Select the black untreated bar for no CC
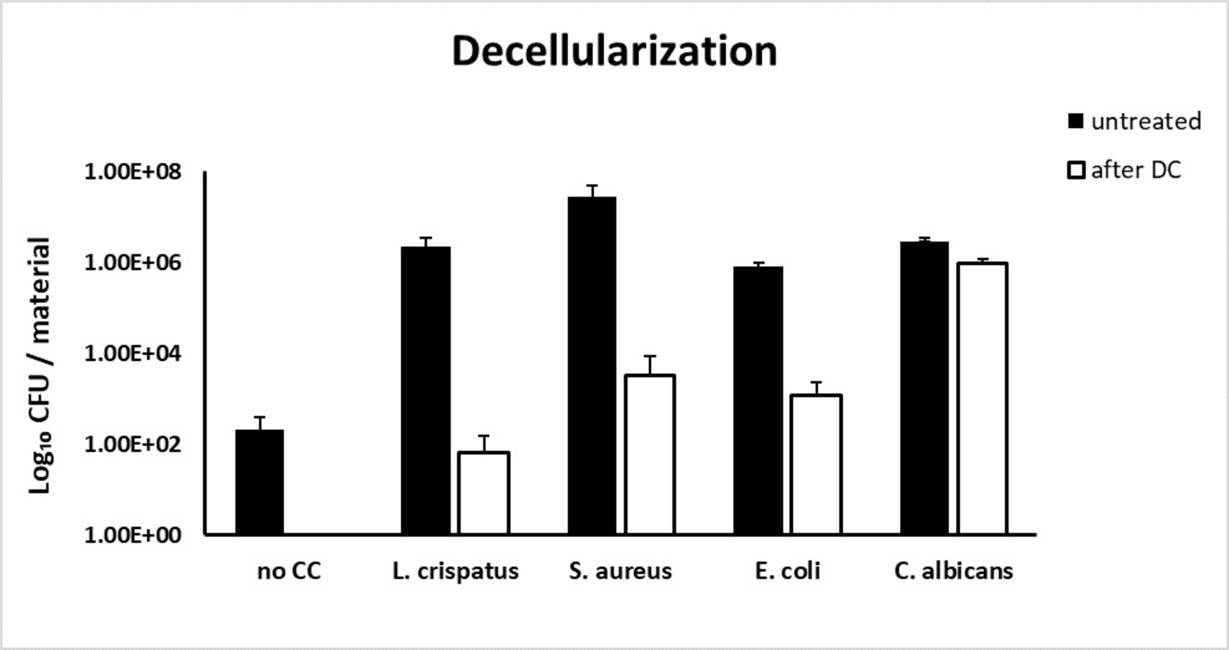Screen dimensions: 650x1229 point(260,482)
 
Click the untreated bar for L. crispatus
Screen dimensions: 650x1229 point(426,390)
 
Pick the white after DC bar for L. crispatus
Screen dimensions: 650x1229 point(483,493)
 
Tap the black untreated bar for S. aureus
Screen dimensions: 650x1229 point(592,366)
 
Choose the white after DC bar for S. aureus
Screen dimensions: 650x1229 point(650,455)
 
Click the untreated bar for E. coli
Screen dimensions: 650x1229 point(758,400)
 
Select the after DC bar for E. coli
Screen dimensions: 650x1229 point(816,465)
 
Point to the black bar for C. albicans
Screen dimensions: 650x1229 point(924,388)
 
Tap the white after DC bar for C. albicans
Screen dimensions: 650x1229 point(982,398)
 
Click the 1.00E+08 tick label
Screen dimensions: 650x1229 point(132,171)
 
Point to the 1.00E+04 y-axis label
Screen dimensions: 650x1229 point(132,354)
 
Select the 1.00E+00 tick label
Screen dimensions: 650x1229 point(132,535)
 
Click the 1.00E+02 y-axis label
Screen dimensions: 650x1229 point(132,444)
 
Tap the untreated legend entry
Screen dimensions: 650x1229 point(1134,121)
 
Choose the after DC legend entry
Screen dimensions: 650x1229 point(1124,170)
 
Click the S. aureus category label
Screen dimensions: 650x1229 point(620,571)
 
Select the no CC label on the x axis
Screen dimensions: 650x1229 point(289,571)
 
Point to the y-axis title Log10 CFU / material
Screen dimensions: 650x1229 point(40,366)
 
